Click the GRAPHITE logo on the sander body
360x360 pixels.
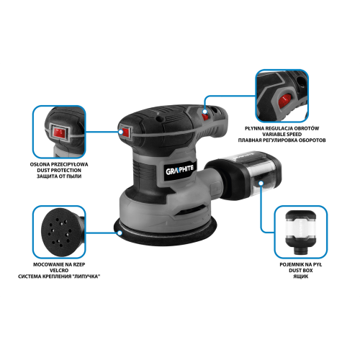180,169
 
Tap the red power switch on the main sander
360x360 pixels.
126,132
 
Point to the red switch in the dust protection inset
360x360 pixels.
59,133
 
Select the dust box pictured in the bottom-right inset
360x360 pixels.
300,232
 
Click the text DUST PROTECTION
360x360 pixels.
59,171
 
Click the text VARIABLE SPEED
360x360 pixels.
282,135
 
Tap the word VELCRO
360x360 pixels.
59,271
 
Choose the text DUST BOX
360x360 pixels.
301,271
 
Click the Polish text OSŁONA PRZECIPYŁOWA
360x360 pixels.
59,164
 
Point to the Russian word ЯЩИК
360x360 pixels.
301,276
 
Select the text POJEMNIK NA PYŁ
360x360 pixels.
301,264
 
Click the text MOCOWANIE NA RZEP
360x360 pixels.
59,264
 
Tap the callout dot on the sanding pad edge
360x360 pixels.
120,233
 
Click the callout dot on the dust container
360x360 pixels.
261,184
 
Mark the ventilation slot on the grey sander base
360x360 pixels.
190,210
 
